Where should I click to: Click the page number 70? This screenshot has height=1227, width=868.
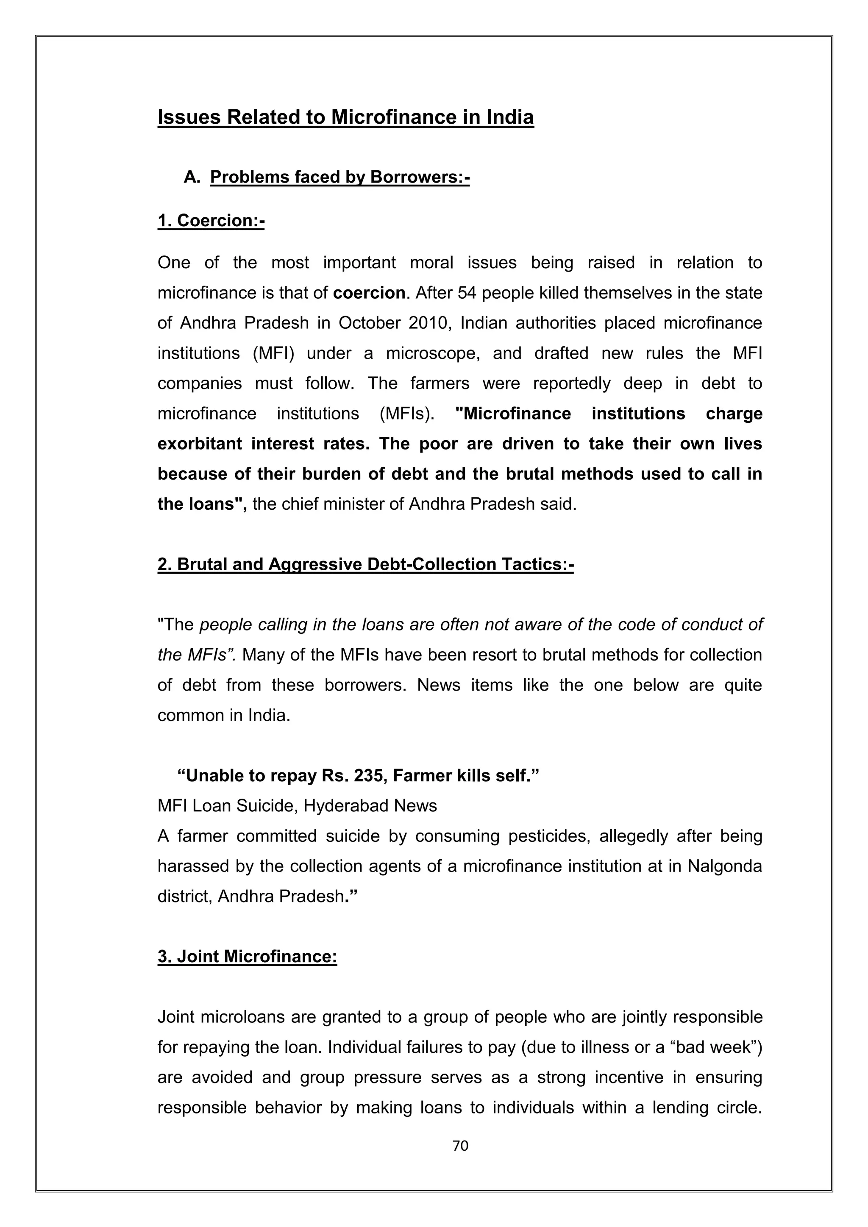click(x=460, y=1145)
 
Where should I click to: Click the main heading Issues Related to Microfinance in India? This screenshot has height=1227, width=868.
click(x=345, y=117)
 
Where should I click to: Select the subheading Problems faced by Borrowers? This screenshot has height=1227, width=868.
click(x=339, y=177)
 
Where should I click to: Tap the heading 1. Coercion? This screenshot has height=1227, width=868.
click(x=211, y=220)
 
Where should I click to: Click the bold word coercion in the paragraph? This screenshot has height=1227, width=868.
click(x=369, y=293)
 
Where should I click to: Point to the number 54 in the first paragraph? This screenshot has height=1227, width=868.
click(x=467, y=293)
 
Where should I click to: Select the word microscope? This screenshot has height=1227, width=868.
click(x=432, y=353)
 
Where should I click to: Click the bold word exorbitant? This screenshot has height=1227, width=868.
click(x=199, y=444)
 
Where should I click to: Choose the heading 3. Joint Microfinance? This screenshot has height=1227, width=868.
click(x=247, y=956)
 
